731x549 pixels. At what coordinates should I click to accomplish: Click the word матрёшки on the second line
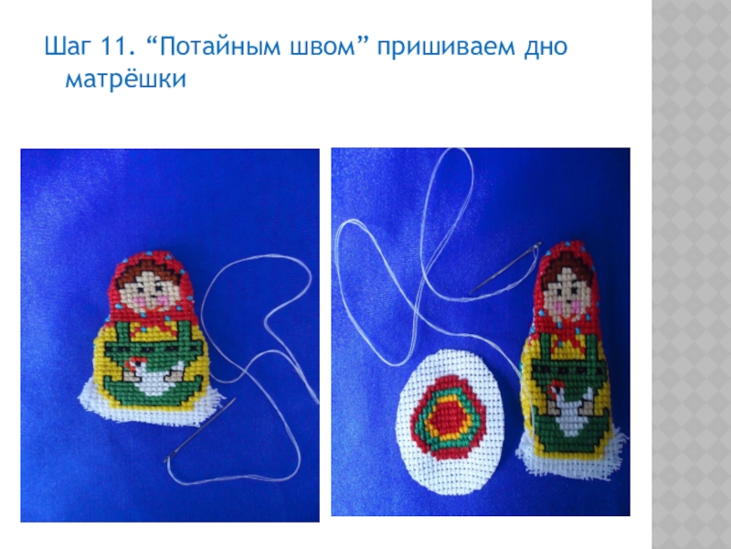coord(126,79)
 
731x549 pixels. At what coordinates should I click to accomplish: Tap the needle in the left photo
coord(199,430)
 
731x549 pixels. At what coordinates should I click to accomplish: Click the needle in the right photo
coord(506,267)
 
